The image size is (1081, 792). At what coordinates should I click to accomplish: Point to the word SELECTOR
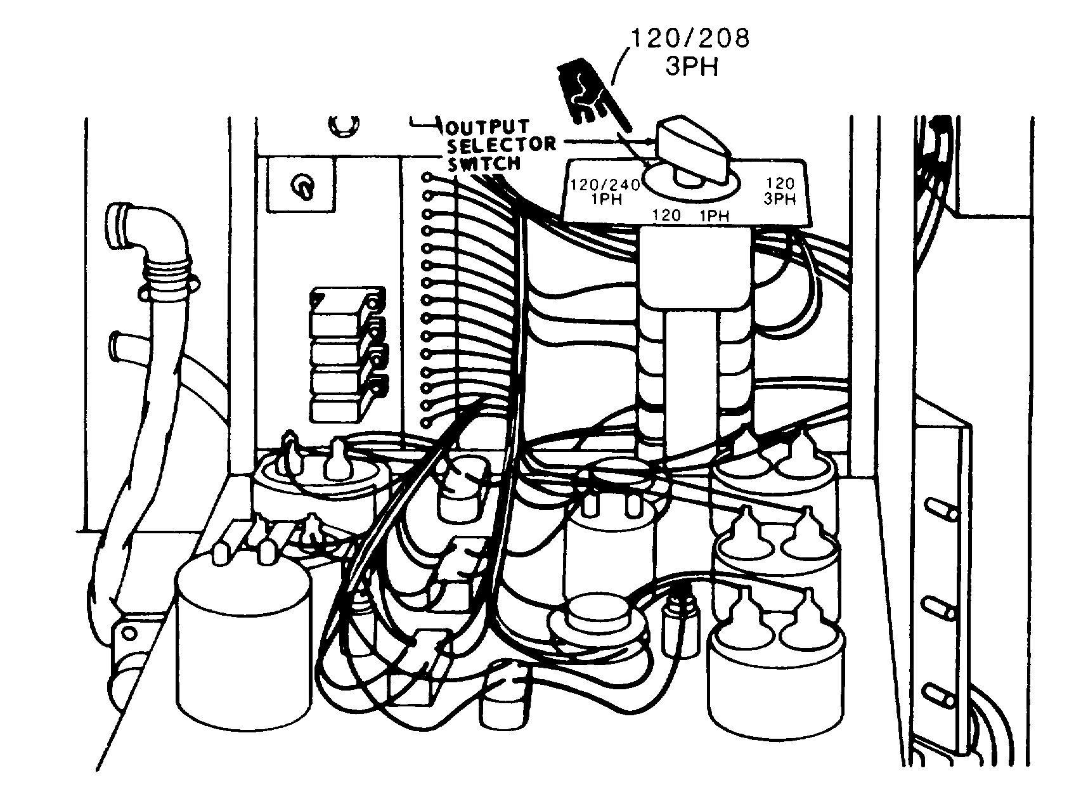tap(501, 145)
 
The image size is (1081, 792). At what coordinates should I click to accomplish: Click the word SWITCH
tap(484, 164)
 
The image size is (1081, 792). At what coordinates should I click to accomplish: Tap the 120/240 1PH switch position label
tap(602, 192)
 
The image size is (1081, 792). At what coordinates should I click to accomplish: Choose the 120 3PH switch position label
tap(779, 191)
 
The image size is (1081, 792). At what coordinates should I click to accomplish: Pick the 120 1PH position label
tap(692, 216)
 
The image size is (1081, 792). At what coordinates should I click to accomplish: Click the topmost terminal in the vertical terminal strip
tap(428, 177)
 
